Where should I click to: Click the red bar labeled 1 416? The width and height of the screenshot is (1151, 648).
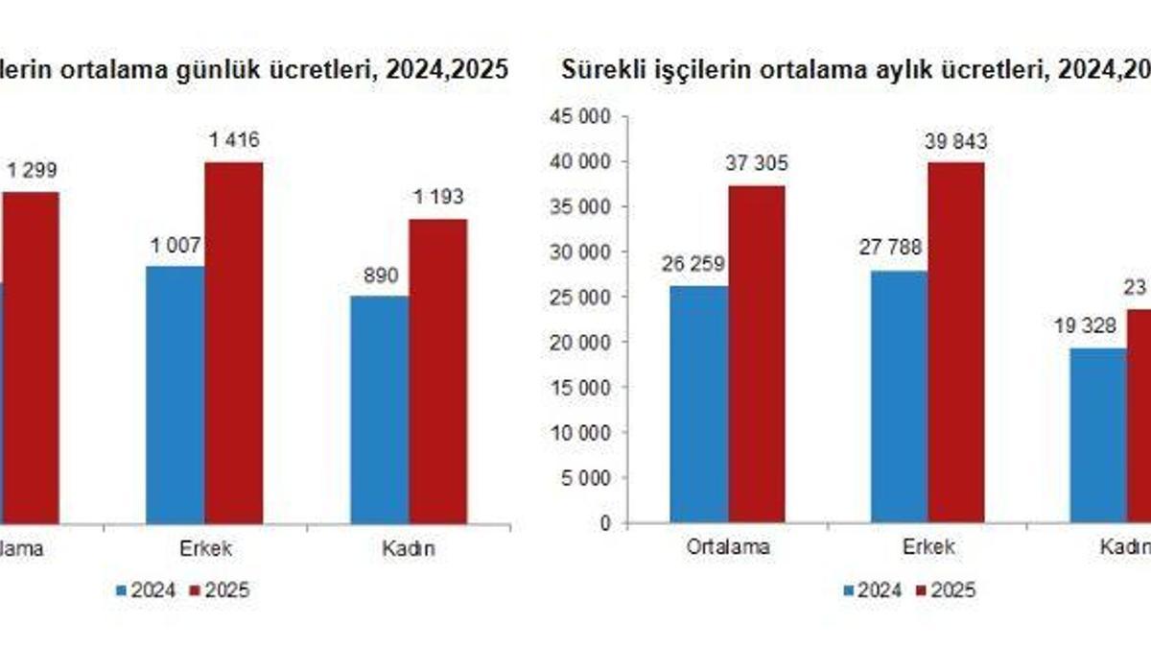tap(233, 343)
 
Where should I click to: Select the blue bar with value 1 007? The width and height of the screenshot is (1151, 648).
tap(175, 395)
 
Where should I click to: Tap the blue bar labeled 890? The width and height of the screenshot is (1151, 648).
tap(380, 409)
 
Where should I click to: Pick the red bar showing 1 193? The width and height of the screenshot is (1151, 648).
tap(438, 371)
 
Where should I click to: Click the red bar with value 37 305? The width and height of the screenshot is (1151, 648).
tap(757, 354)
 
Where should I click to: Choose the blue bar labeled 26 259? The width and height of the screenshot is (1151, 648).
tap(699, 404)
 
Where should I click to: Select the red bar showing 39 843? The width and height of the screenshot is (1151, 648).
tap(955, 343)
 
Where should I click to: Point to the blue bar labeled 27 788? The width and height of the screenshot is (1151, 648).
tap(899, 396)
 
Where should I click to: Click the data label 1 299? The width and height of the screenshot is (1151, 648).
tap(32, 171)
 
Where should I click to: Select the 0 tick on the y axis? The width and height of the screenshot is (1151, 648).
tap(606, 523)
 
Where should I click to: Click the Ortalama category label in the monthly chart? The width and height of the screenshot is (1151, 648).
tap(727, 548)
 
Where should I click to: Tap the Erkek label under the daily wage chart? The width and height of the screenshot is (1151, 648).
tap(204, 548)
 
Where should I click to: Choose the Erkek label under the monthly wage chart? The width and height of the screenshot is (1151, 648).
tap(928, 548)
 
